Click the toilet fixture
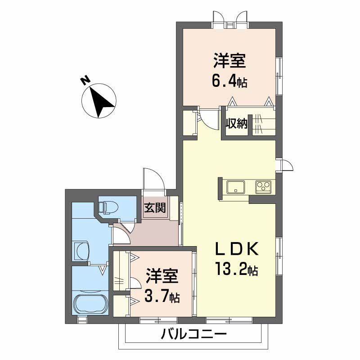[108, 207]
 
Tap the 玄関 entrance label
[155, 208]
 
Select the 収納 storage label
[236, 124]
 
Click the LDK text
[237, 249]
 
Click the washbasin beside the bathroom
[81, 251]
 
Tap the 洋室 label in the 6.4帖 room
[229, 60]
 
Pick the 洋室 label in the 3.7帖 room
[162, 275]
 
